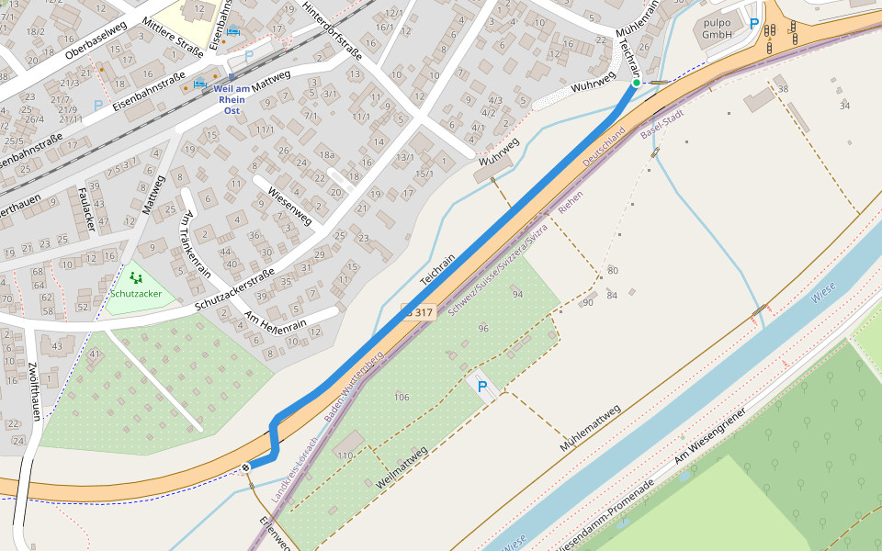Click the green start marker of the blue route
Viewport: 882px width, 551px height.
pos(635,84)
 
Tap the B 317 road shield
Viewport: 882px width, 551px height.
pos(418,312)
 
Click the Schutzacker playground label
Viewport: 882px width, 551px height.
pos(136,294)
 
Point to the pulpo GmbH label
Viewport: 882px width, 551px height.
pos(717,28)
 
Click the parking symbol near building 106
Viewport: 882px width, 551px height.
pos(481,388)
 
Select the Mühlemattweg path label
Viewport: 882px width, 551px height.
pos(590,428)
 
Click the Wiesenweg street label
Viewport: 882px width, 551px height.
pos(289,208)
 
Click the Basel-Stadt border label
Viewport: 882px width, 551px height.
pos(662,129)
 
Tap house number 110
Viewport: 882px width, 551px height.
pos(345,455)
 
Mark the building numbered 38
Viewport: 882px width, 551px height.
pos(783,89)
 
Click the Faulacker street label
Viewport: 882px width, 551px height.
pos(88,208)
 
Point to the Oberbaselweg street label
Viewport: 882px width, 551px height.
pos(96,39)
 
